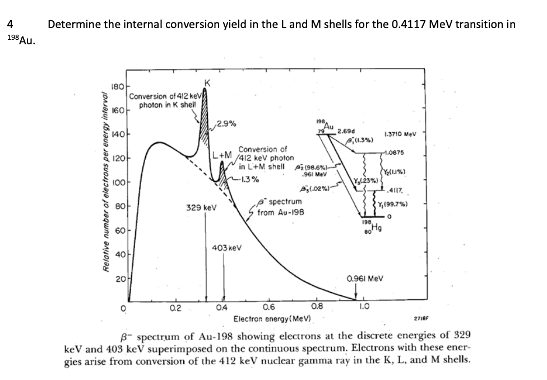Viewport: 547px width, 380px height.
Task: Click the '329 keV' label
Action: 197,207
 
